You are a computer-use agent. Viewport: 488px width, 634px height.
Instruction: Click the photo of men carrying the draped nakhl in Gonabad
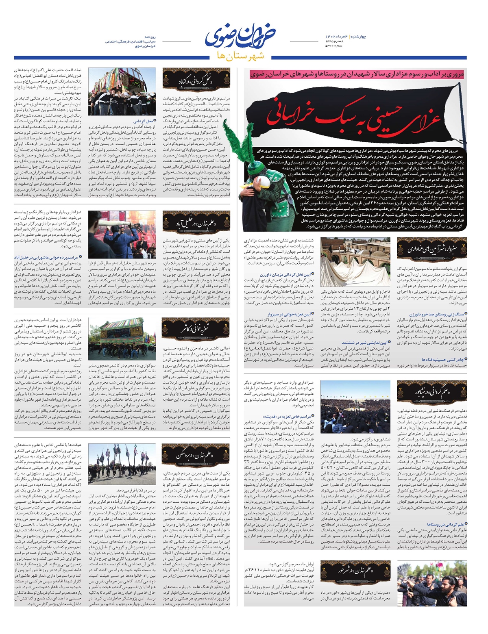point(127,92)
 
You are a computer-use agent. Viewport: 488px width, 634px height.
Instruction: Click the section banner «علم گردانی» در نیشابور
point(432,391)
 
